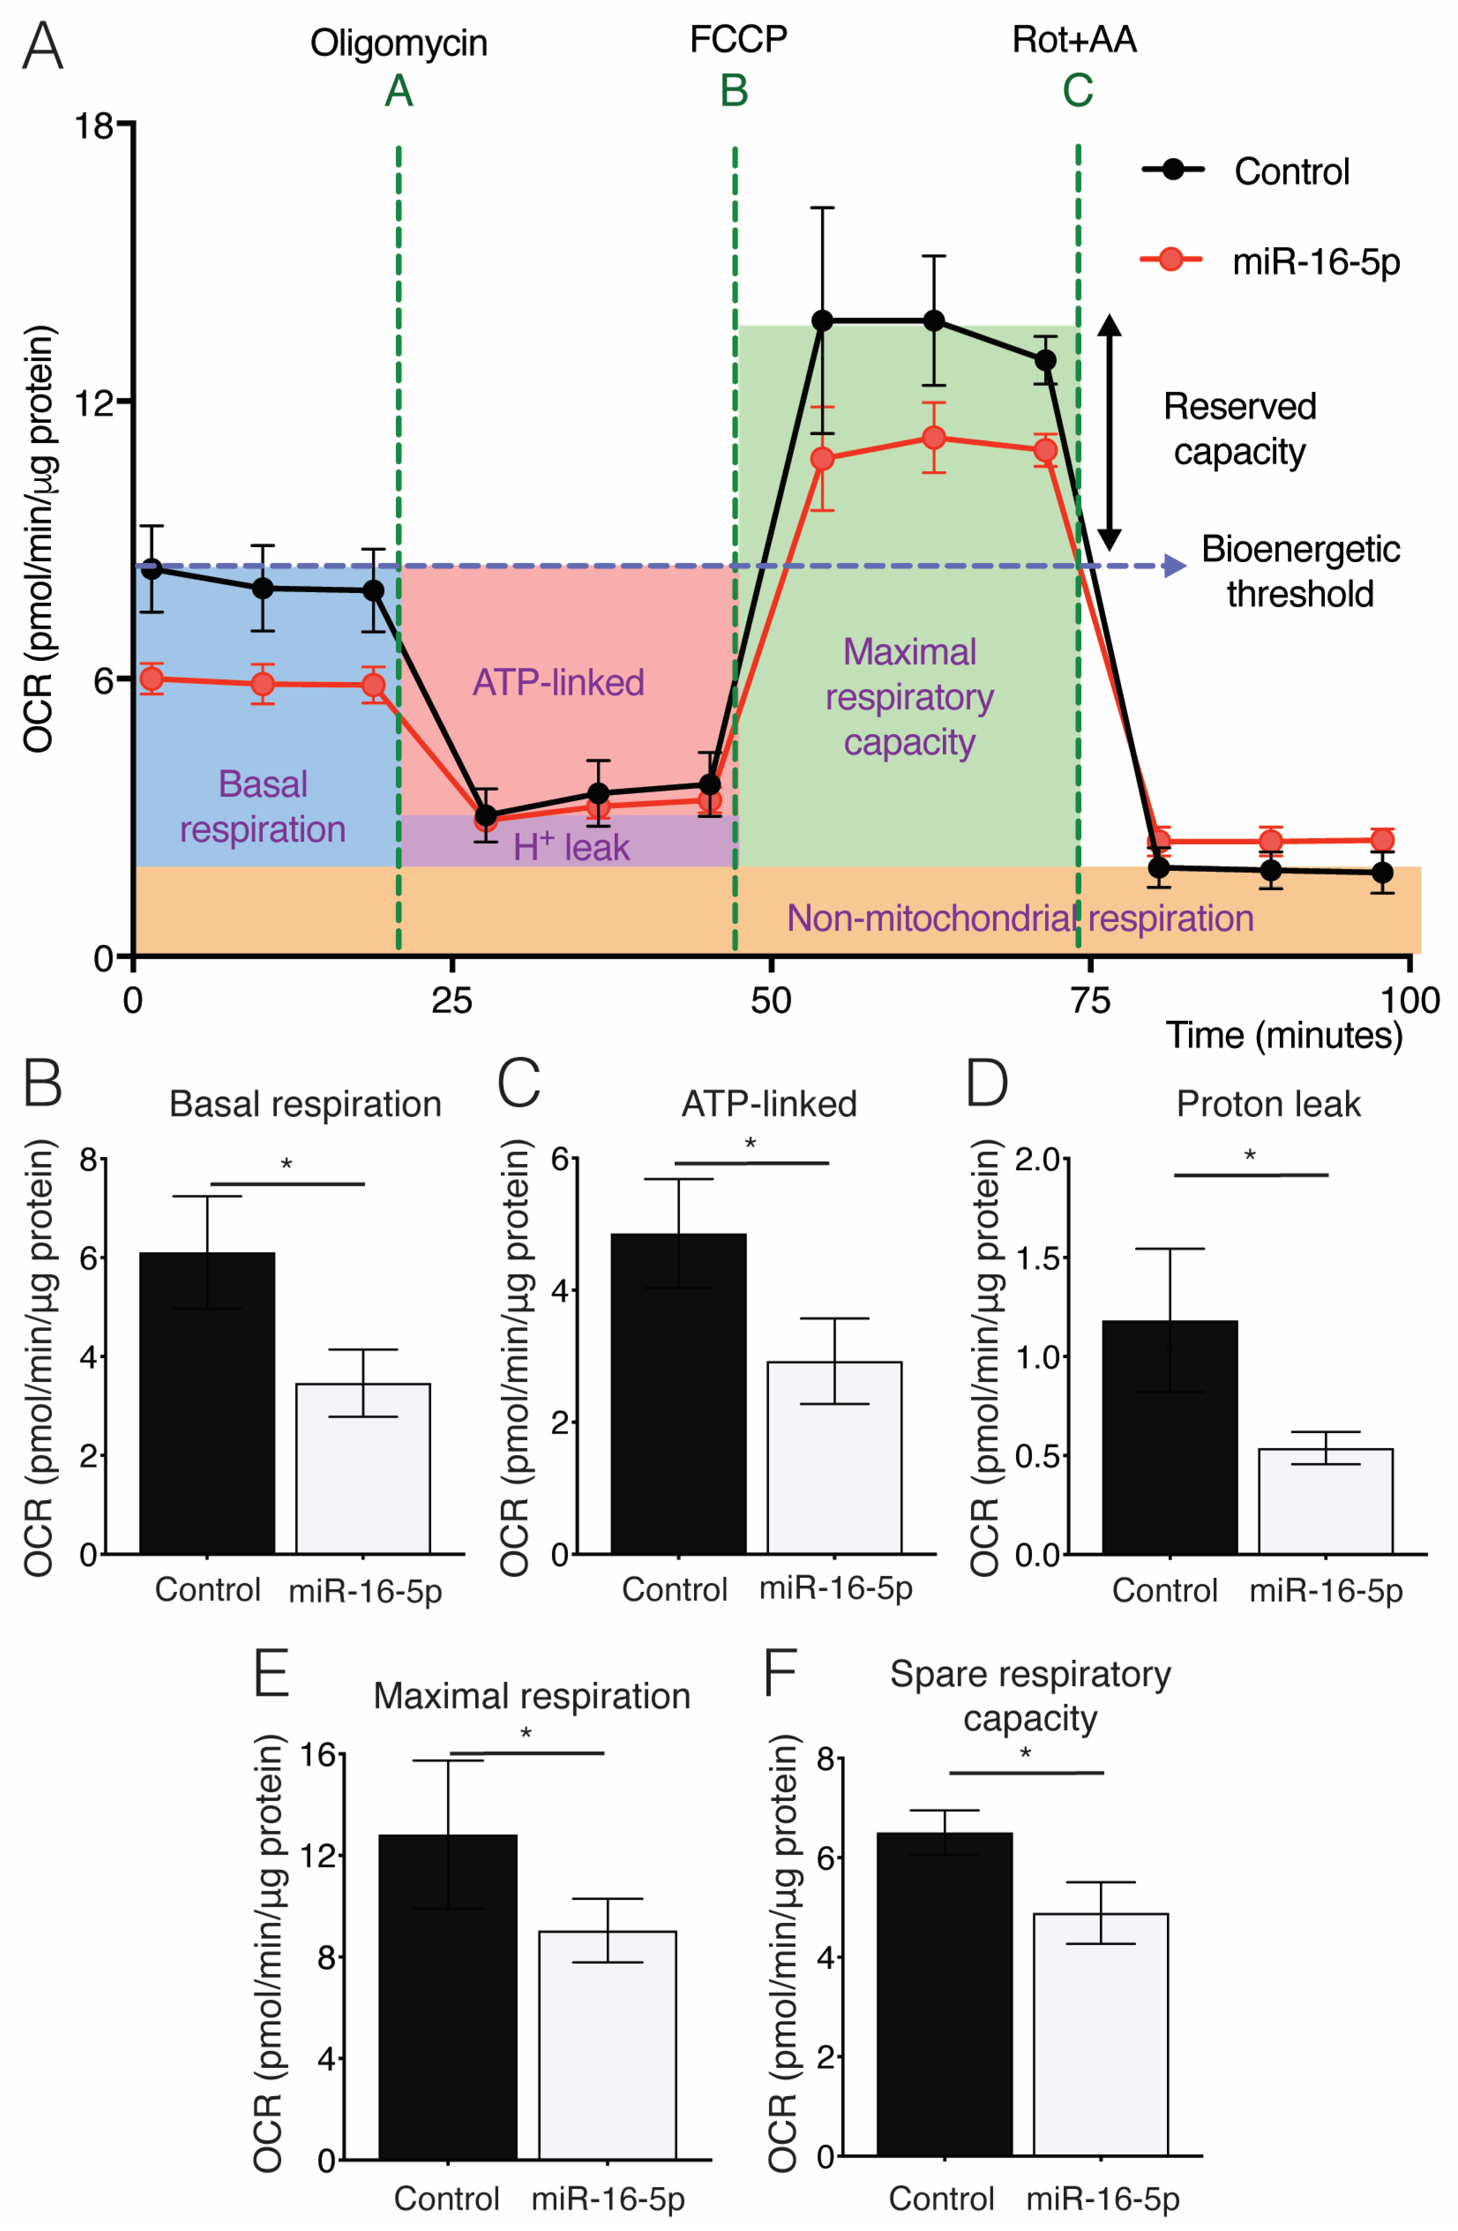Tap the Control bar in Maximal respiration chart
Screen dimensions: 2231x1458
pos(448,1997)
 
